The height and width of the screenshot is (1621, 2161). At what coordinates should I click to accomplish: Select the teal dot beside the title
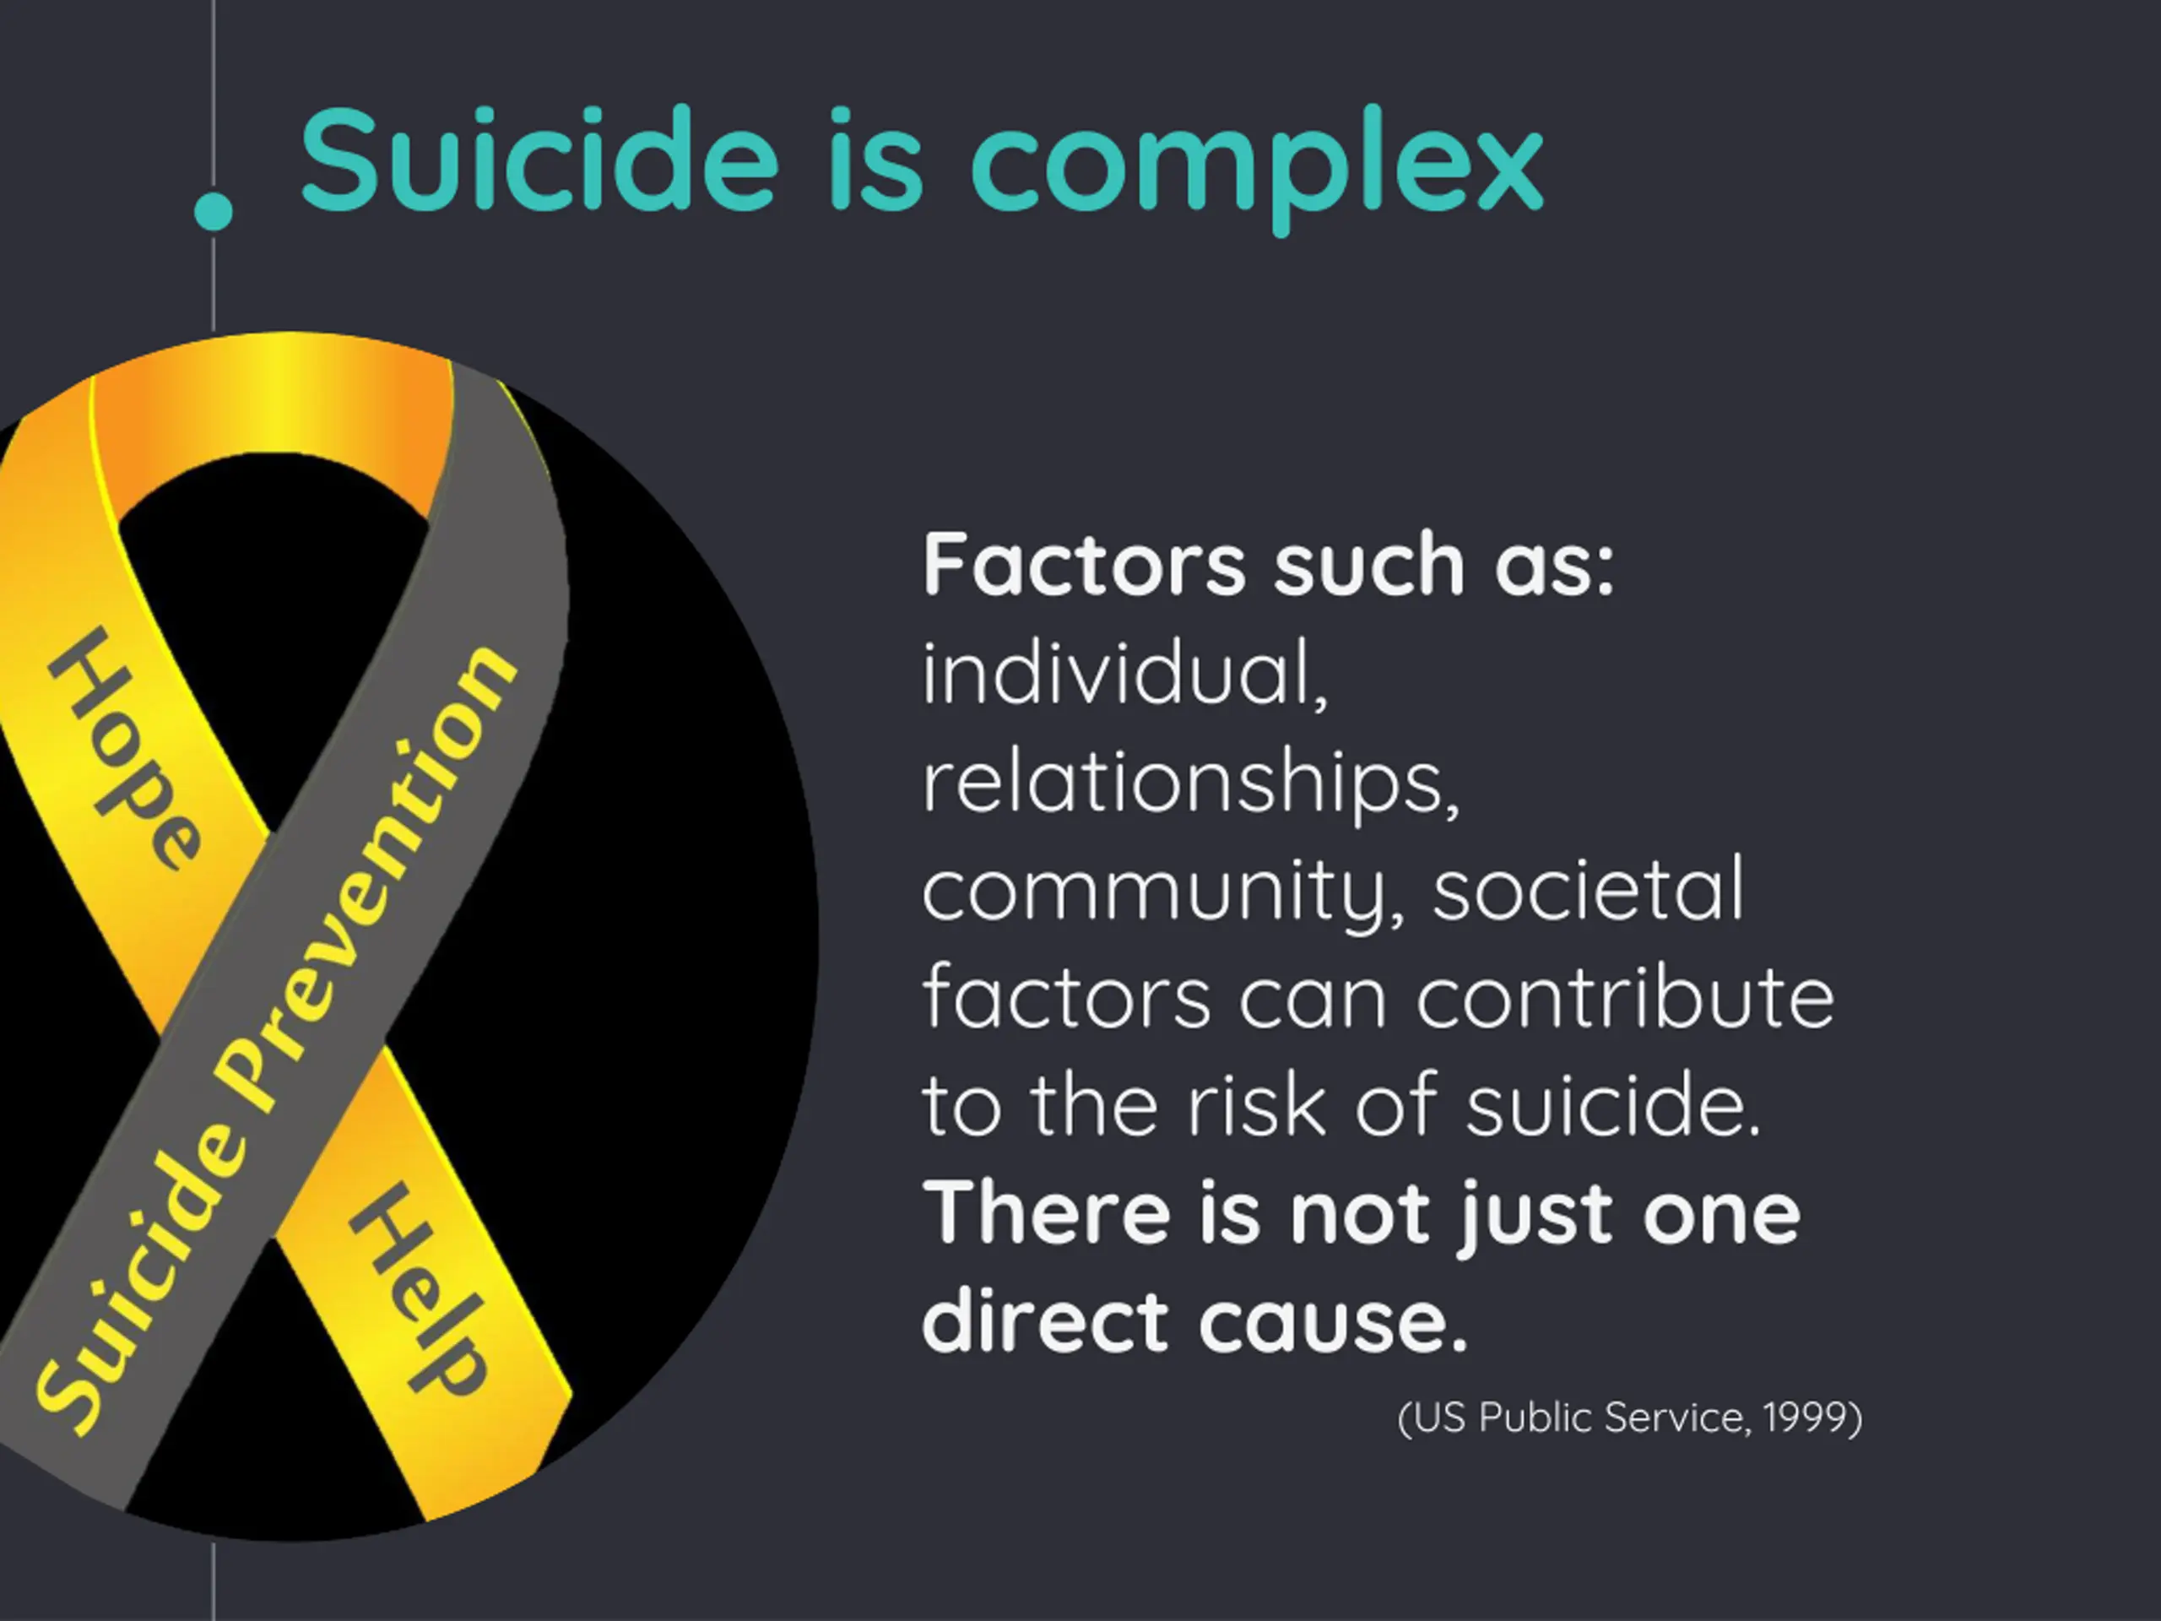pyautogui.click(x=214, y=211)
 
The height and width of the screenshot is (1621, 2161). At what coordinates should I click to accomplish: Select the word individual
pyautogui.click(x=1124, y=675)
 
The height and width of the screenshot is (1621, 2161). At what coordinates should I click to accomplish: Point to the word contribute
pyautogui.click(x=1625, y=999)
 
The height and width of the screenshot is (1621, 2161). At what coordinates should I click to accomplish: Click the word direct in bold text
pyautogui.click(x=1045, y=1321)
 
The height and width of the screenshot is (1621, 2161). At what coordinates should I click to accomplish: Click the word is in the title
pyautogui.click(x=875, y=161)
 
